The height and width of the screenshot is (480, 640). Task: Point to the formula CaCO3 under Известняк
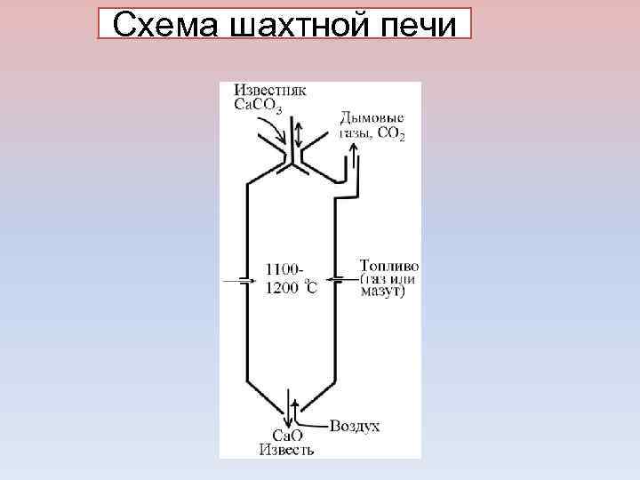259,108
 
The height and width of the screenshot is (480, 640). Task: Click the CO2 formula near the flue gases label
391,136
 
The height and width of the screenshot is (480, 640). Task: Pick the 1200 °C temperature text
291,286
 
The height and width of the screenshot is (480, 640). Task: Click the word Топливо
389,266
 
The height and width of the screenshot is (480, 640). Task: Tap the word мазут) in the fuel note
383,292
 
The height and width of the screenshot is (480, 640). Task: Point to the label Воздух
355,426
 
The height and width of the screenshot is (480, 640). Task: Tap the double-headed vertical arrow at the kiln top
300,135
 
